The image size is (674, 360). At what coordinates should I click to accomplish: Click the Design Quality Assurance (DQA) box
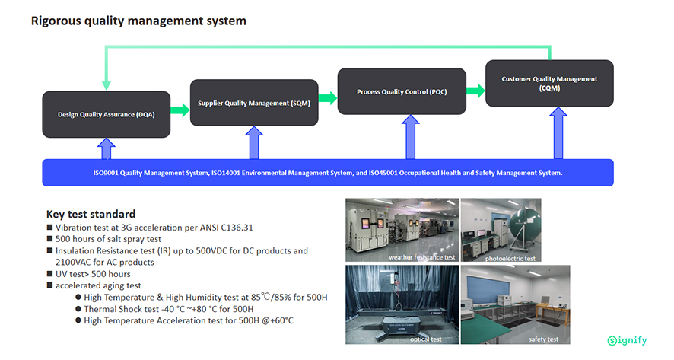pos(107,114)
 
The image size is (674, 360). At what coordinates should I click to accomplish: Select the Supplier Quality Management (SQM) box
pos(254,103)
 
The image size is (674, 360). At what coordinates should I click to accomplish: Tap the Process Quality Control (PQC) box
pos(402,91)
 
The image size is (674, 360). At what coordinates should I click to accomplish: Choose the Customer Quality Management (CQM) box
pos(549,84)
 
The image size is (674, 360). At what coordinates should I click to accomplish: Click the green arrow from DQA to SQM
pos(180,110)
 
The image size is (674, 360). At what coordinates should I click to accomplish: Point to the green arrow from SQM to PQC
pos(328,97)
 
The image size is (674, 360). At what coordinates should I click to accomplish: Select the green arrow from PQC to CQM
pos(476,91)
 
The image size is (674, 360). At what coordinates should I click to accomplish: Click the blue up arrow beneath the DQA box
pos(107,149)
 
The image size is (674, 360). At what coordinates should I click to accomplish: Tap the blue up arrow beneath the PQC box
pos(411,137)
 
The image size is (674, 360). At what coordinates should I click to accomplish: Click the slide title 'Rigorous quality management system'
pos(139,21)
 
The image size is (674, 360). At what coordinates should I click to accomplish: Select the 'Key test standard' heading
pos(91,214)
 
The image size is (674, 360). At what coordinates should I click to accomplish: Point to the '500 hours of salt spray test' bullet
pos(108,239)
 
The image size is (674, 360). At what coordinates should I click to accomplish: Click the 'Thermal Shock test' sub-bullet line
pos(169,309)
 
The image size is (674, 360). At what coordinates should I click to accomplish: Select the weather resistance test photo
pos(402,230)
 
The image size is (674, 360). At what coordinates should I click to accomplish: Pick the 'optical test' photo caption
pos(425,339)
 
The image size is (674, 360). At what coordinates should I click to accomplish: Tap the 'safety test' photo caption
pos(543,339)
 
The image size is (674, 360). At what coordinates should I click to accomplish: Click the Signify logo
pos(627,341)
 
